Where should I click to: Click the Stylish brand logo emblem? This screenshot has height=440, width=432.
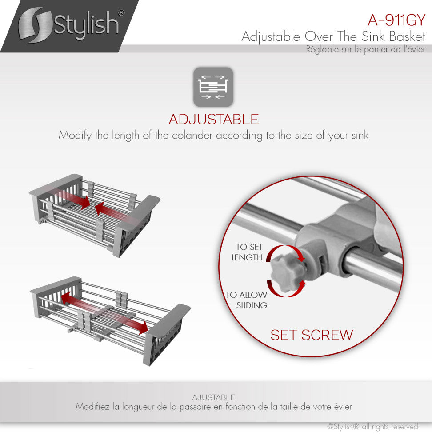(x=36, y=25)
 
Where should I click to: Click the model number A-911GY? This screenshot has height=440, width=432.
(x=396, y=20)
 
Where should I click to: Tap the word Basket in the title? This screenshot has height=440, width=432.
(x=407, y=36)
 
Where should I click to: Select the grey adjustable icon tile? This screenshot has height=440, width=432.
(x=213, y=87)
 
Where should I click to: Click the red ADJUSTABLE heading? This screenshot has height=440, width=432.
(x=214, y=119)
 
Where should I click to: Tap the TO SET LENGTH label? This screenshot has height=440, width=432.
(x=247, y=252)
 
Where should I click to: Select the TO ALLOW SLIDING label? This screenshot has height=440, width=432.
(x=247, y=300)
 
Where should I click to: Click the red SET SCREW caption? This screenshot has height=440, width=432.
(x=312, y=335)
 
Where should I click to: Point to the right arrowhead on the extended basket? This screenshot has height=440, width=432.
(x=144, y=328)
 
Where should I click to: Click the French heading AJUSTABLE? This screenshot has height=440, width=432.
(x=214, y=397)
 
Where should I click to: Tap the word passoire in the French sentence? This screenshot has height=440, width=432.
(x=195, y=407)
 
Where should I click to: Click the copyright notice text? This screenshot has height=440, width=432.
(x=372, y=427)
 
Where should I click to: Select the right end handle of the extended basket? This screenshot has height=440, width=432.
(x=167, y=334)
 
